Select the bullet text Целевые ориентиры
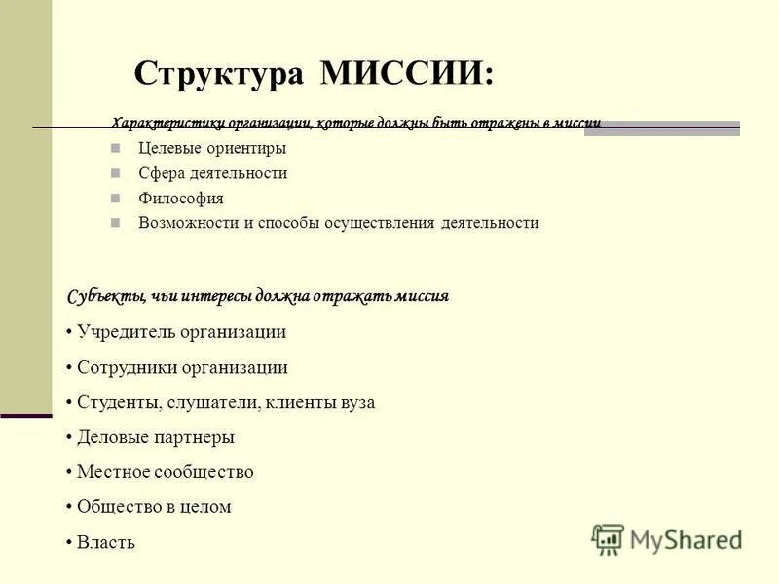(212, 149)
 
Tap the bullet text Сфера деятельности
(212, 173)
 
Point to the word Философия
(181, 198)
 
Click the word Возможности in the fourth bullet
(189, 222)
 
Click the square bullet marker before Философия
(116, 198)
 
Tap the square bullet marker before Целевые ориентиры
(116, 149)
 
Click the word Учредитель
(126, 332)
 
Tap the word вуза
(355, 402)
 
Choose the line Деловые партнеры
(156, 437)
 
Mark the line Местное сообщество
(166, 472)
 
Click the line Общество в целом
(154, 507)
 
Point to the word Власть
(106, 542)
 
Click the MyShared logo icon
(608, 539)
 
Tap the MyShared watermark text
(686, 539)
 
